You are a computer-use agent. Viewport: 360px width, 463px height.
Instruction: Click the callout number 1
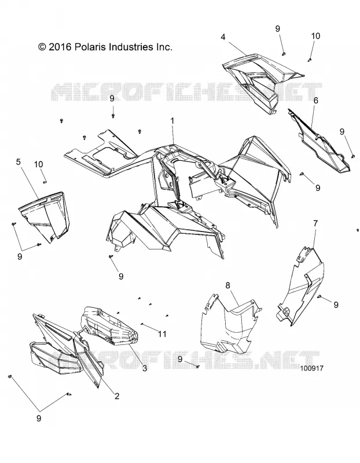click(x=172, y=122)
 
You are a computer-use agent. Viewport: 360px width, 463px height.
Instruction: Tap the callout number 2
click(x=117, y=396)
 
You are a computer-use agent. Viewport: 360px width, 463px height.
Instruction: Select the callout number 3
click(x=145, y=368)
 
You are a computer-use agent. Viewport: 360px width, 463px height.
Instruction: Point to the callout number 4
click(x=232, y=37)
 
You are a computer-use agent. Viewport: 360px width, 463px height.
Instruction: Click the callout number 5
click(x=19, y=162)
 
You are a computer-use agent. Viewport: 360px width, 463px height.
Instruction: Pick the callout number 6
click(x=315, y=100)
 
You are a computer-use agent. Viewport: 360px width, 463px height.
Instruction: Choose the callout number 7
click(x=315, y=223)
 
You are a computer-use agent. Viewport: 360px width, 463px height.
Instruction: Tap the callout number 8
click(x=227, y=285)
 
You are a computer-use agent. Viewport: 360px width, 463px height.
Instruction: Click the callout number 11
click(x=162, y=334)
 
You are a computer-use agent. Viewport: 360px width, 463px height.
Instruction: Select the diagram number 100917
click(x=311, y=368)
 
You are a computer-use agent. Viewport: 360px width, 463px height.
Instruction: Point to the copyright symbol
click(x=42, y=47)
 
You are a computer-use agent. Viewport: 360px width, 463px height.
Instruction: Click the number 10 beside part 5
click(x=38, y=164)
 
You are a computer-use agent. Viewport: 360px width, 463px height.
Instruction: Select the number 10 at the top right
click(x=315, y=36)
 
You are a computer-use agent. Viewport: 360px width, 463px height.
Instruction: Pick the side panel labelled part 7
click(x=300, y=286)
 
